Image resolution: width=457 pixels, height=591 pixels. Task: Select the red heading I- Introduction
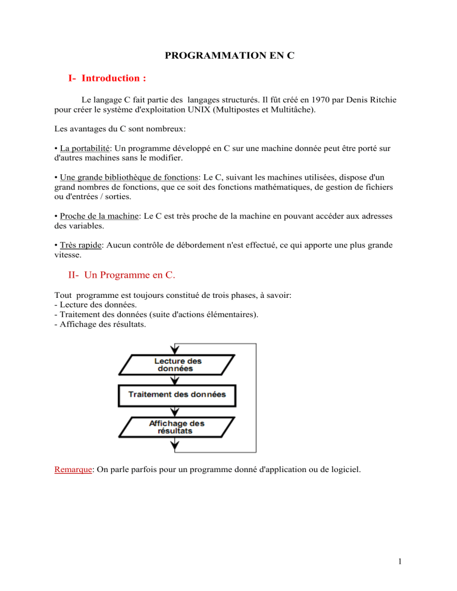(x=110, y=78)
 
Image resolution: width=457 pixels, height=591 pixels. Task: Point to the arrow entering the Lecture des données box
(x=174, y=349)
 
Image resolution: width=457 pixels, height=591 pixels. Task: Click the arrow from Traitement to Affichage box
(x=174, y=410)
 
